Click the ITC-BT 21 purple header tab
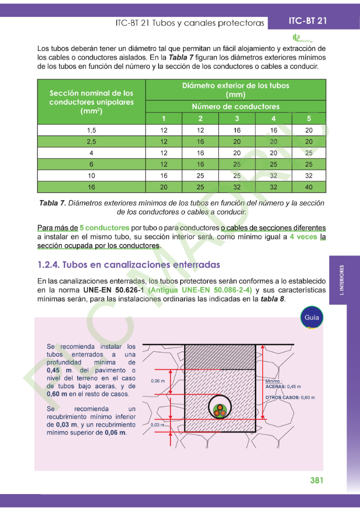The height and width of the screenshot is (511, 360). pos(307,21)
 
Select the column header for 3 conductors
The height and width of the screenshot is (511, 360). pos(237,119)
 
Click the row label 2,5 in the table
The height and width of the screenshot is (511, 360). pos(91,142)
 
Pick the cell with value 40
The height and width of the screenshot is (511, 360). pos(309,187)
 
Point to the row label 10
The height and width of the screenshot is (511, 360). pos(91,176)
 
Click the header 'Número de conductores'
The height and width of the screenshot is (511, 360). pos(235,106)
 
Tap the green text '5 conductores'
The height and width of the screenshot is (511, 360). pos(104,228)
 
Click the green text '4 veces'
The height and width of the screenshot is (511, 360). pos(303,237)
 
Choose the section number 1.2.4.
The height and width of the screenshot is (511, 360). pos(48,264)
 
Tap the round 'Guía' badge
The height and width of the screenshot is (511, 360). pos(312,317)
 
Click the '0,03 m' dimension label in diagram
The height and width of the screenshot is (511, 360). pos(158,425)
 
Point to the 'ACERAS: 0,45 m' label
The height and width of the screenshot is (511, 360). pos(283,386)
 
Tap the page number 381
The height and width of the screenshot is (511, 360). pos(317,480)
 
